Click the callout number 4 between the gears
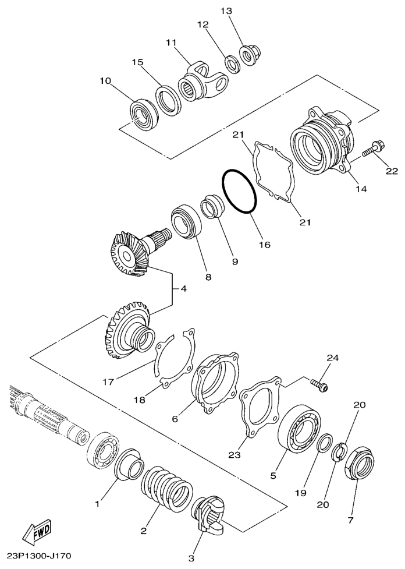(184, 289)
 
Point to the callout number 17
(108, 381)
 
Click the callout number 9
(235, 261)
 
